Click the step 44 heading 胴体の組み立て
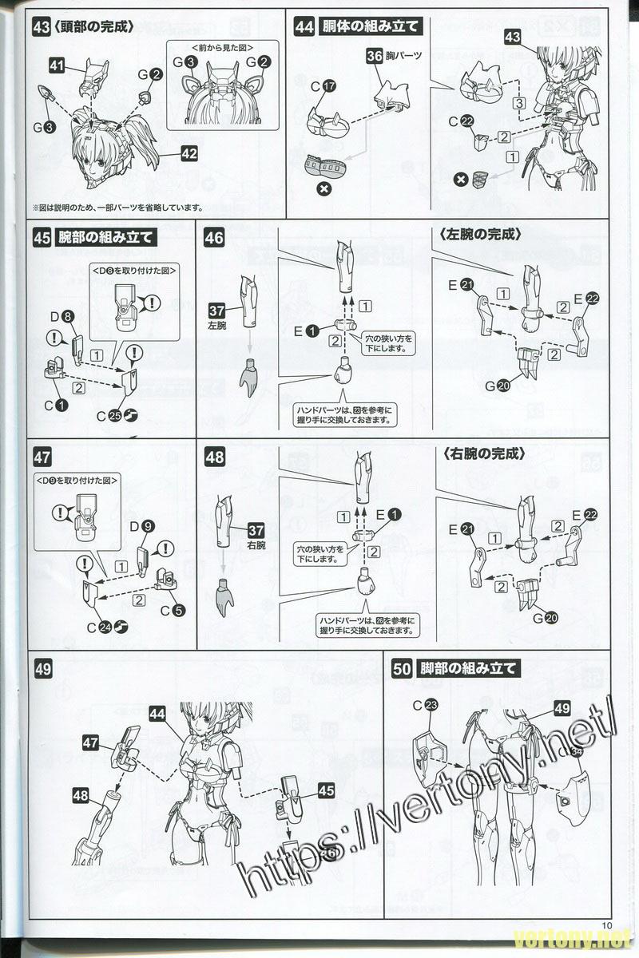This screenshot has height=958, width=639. click(x=369, y=26)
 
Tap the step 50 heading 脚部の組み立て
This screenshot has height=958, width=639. click(x=468, y=668)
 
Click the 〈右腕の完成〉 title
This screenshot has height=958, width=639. click(x=482, y=453)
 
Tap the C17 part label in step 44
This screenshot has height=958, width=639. click(x=323, y=86)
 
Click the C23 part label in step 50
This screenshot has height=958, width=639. click(x=427, y=704)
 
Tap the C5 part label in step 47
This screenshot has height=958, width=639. click(x=172, y=612)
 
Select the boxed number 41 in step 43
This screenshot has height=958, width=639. click(x=57, y=67)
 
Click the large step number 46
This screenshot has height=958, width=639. click(x=214, y=238)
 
